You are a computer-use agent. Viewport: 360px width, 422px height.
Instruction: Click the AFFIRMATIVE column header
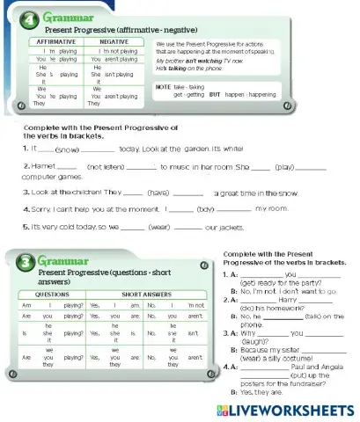tap(55, 41)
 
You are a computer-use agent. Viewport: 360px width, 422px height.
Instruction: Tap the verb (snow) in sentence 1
tap(67, 150)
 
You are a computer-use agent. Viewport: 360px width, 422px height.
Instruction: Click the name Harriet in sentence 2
tap(43, 165)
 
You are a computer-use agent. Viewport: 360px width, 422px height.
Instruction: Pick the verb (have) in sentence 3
tap(160, 192)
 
